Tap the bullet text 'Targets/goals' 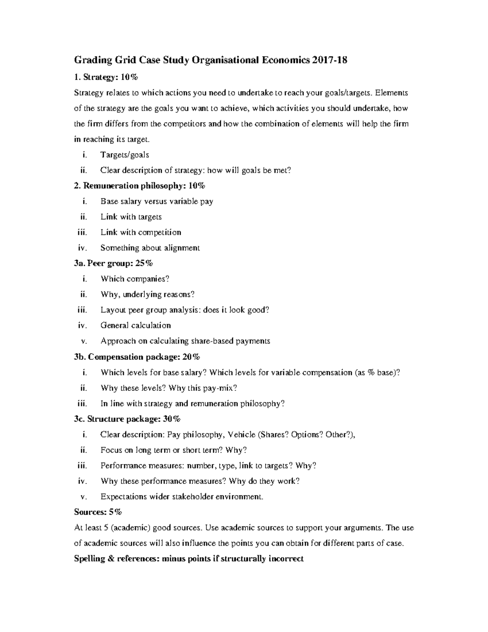[x=124, y=155]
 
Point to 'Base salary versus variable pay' [x=157, y=201]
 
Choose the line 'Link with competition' [x=141, y=232]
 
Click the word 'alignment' [x=182, y=248]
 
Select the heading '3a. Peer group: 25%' [x=113, y=263]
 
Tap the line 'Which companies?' [x=135, y=279]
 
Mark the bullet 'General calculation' [x=135, y=326]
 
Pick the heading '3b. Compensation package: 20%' [x=137, y=357]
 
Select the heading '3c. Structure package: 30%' [x=127, y=419]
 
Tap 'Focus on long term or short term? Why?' [x=174, y=450]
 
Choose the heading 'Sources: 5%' [x=98, y=512]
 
